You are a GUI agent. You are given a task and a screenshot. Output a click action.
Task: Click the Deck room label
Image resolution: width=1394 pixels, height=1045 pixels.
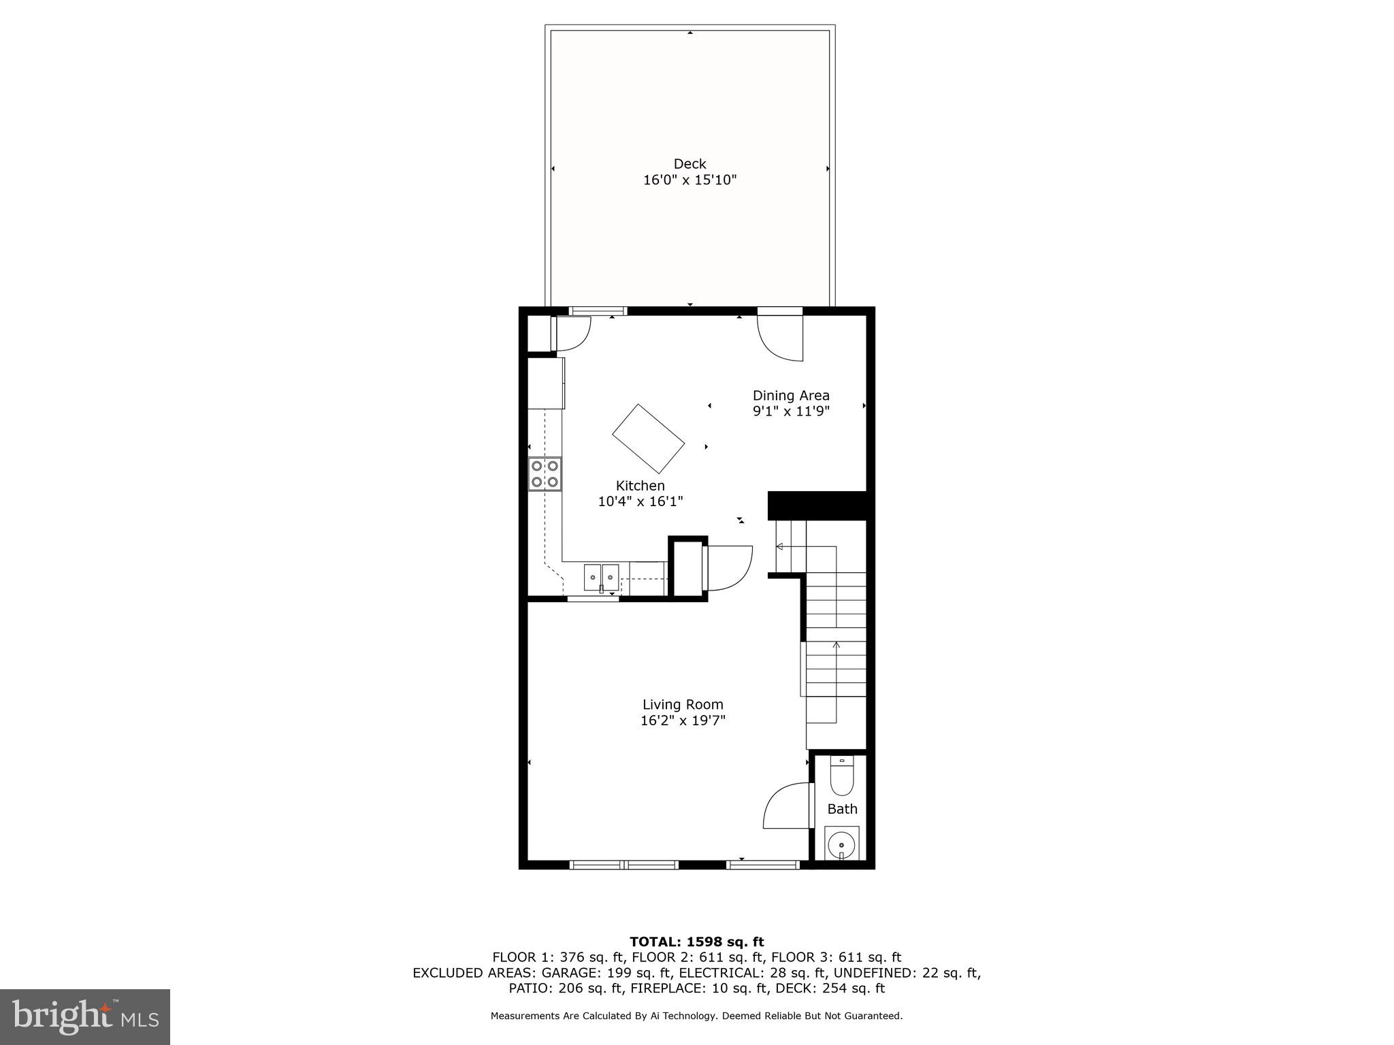point(690,164)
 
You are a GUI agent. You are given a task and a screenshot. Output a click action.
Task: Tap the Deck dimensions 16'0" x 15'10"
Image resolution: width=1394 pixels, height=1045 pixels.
point(690,180)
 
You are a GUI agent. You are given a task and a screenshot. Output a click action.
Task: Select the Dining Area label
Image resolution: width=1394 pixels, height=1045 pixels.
point(791,395)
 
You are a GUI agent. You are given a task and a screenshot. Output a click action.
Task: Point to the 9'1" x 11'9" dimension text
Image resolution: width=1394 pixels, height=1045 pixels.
point(791,412)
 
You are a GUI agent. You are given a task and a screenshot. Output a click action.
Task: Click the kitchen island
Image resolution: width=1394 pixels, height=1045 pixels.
point(648,439)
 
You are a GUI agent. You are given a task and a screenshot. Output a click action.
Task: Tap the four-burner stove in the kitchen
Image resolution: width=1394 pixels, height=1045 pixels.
point(545,474)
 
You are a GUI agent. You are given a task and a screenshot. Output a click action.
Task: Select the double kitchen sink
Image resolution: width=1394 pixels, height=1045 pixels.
point(601,577)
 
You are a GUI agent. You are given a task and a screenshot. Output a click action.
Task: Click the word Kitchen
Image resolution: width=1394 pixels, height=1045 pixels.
point(640,486)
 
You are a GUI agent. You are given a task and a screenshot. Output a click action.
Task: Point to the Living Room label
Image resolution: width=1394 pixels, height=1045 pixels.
point(683,705)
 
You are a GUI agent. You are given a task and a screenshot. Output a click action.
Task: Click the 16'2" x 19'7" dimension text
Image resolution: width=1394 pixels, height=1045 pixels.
point(683,721)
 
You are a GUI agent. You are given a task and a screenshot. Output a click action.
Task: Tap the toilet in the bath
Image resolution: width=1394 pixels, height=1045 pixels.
point(842,776)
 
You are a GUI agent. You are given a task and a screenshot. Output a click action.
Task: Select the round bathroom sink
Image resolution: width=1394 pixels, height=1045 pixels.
point(842,845)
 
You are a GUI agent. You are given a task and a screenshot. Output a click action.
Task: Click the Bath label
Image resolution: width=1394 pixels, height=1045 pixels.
point(842,809)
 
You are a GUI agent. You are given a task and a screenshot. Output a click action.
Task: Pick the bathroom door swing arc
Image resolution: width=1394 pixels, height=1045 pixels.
point(786,806)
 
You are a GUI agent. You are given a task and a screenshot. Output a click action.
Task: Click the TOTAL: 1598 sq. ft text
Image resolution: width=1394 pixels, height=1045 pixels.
point(696,942)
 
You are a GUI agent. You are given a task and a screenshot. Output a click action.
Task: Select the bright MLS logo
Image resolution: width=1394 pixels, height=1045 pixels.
point(85,1017)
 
